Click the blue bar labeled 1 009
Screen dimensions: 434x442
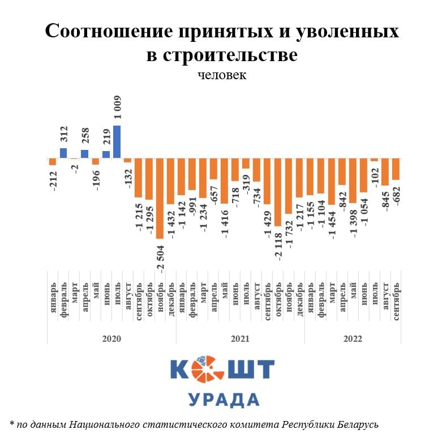(x=117, y=141)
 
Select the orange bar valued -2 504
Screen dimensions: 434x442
(x=160, y=198)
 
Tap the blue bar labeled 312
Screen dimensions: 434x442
(x=63, y=153)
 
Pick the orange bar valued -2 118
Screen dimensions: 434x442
(x=278, y=192)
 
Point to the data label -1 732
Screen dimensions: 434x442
(x=289, y=233)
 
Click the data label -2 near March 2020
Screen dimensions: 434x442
(x=74, y=170)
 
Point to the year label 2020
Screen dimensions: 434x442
(x=111, y=338)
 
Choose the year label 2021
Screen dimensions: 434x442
(x=240, y=338)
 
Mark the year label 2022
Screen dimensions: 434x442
(x=353, y=338)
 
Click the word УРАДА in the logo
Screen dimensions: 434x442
(x=223, y=399)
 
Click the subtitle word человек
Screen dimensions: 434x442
(x=222, y=75)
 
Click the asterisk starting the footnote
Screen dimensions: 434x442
(x=12, y=423)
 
